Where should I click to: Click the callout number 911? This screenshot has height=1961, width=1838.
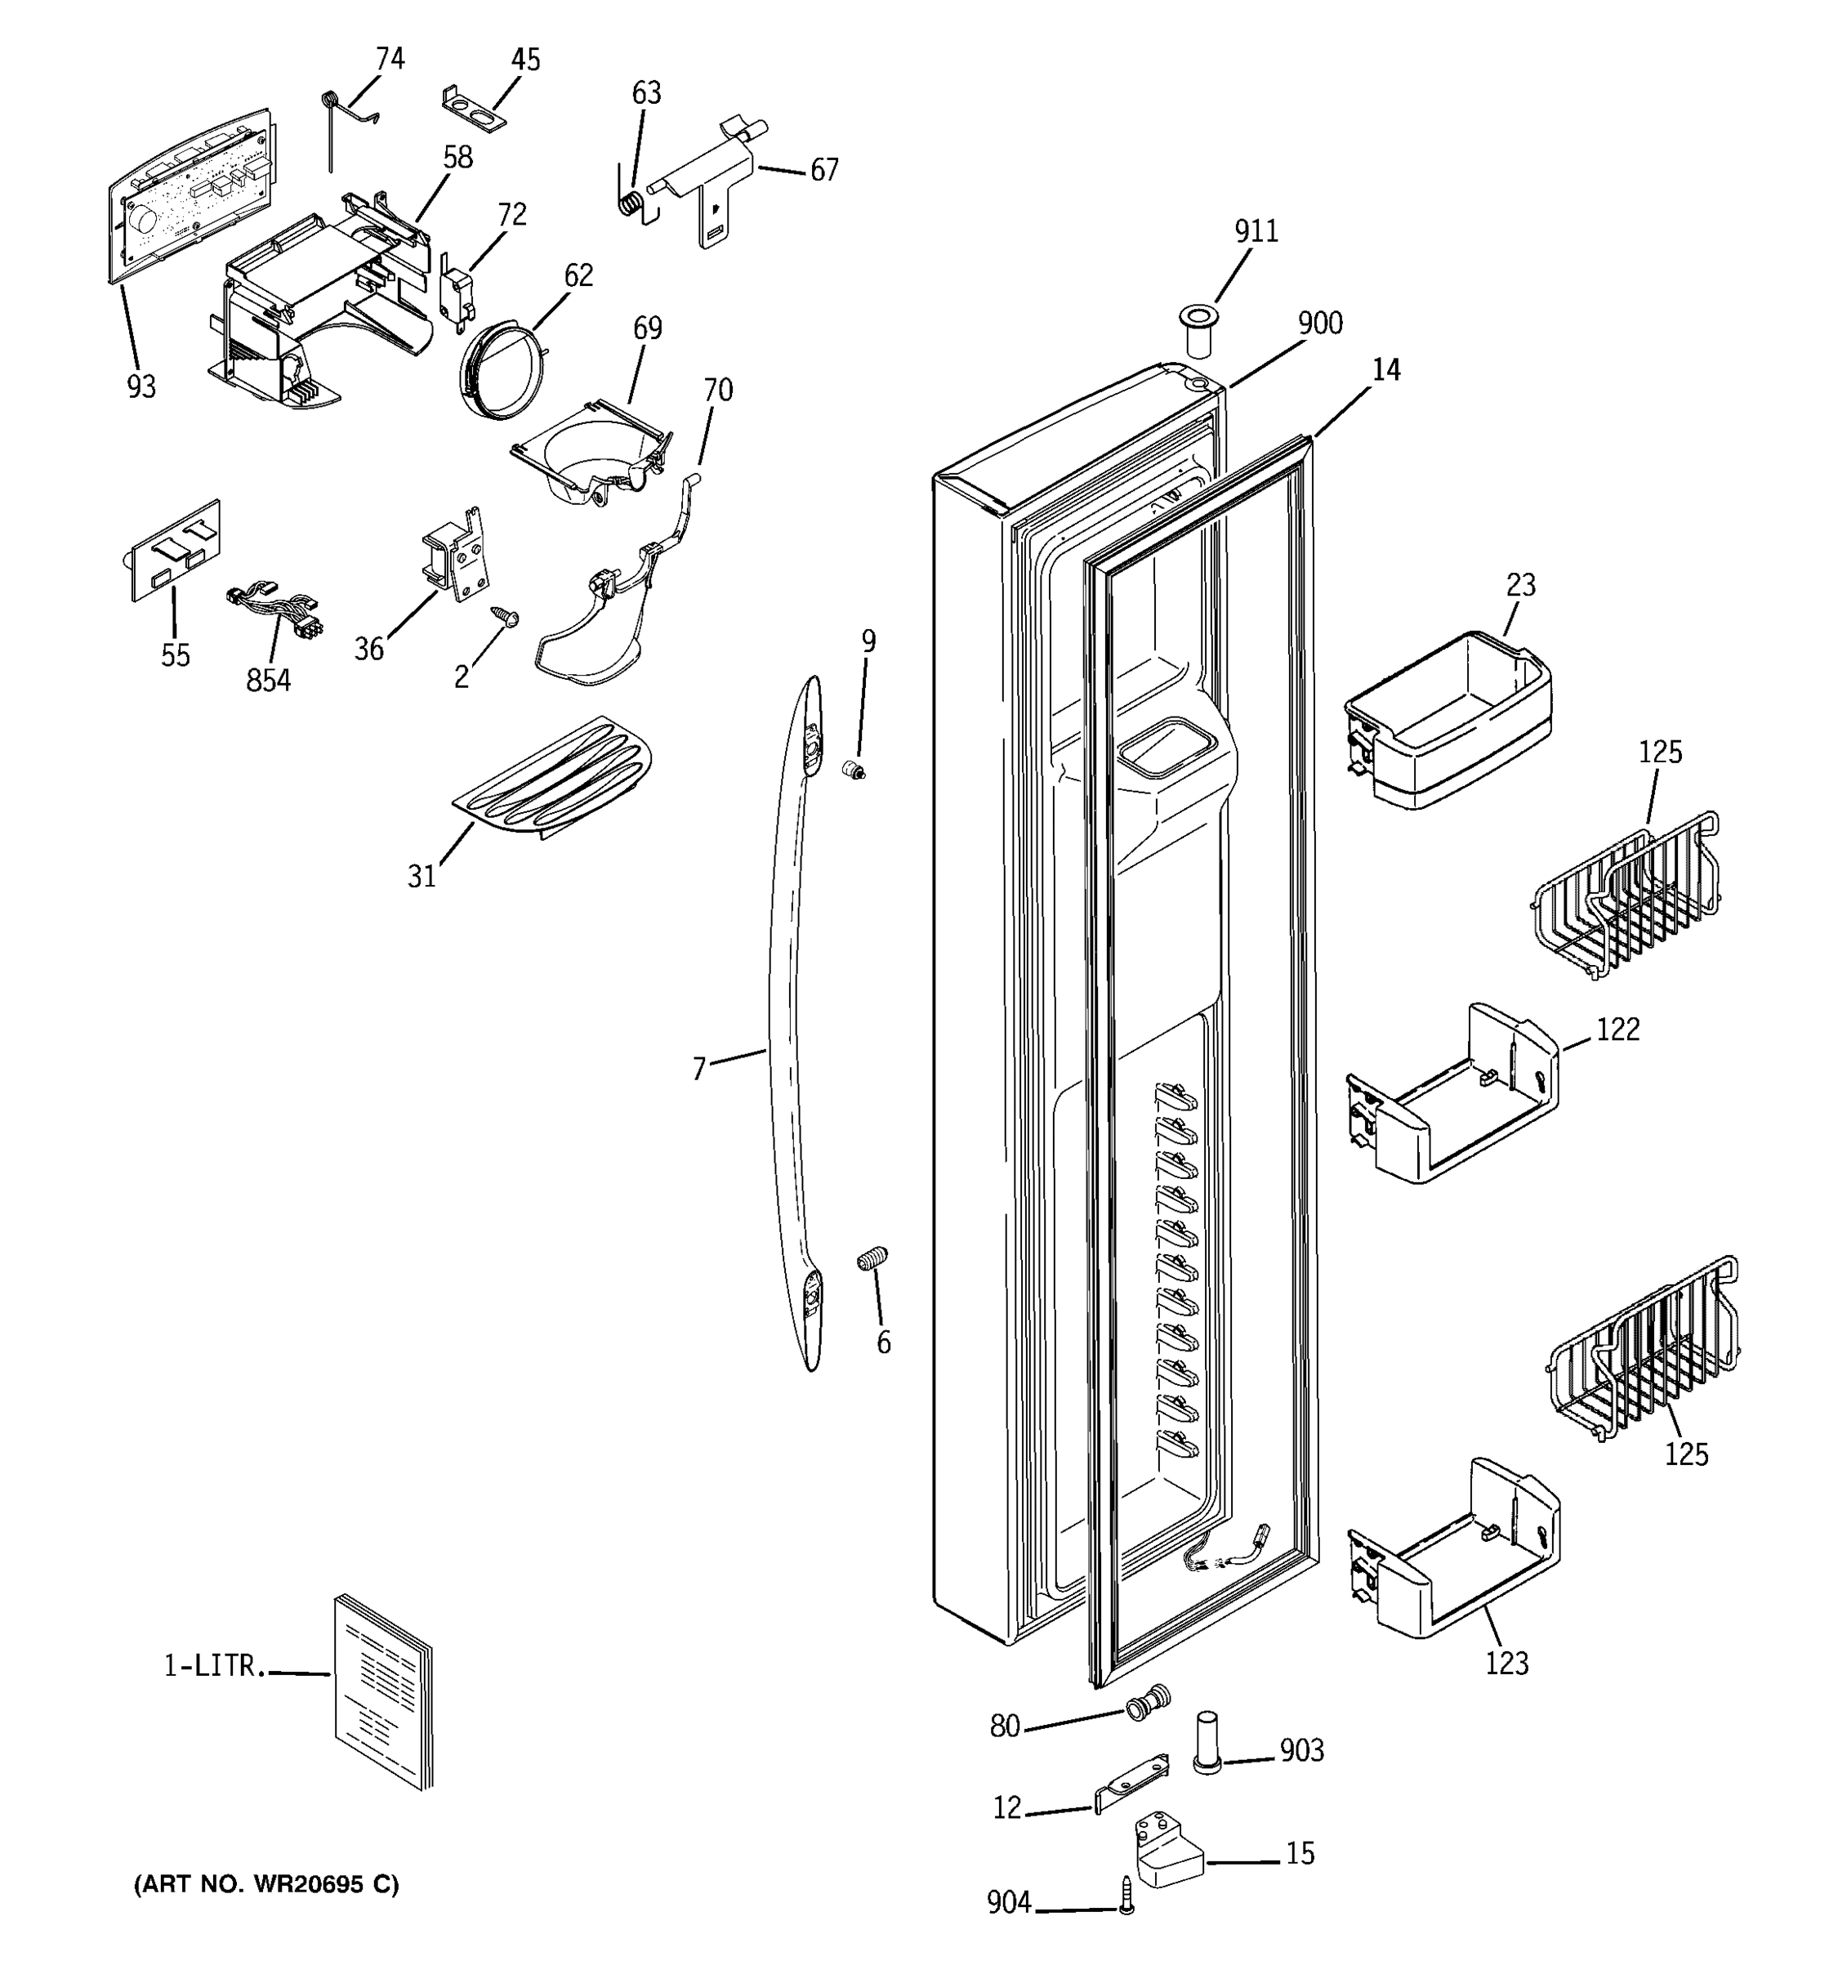[x=1256, y=230]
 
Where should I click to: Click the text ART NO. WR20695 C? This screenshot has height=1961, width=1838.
[x=266, y=1884]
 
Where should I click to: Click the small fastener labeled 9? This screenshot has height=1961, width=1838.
[x=853, y=771]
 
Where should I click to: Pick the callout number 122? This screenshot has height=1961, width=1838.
[x=1617, y=1030]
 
